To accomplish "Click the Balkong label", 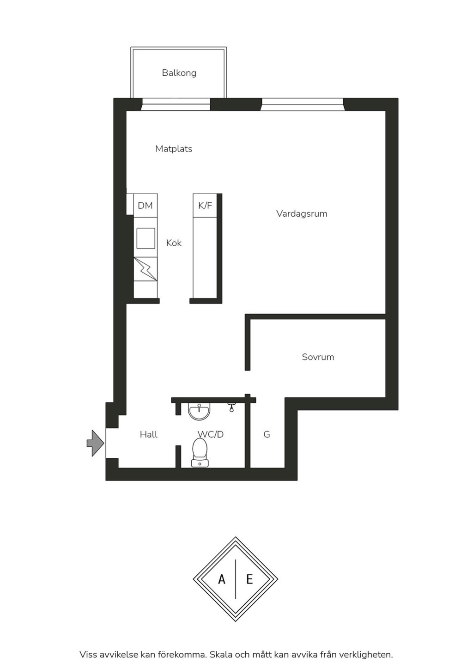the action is pyautogui.click(x=179, y=73).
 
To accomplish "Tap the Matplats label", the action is pyautogui.click(x=174, y=149).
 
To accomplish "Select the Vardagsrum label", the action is pyautogui.click(x=302, y=214).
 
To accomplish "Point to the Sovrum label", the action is pyautogui.click(x=318, y=357).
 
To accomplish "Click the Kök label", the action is pyautogui.click(x=174, y=243).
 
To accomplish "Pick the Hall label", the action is pyautogui.click(x=148, y=434).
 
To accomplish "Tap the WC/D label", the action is pyautogui.click(x=210, y=434).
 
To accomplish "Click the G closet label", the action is pyautogui.click(x=267, y=434).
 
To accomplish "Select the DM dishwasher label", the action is pyautogui.click(x=145, y=206).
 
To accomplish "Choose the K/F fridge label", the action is pyautogui.click(x=205, y=206).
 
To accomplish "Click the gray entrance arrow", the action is pyautogui.click(x=96, y=443).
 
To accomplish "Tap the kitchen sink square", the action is pyautogui.click(x=146, y=238).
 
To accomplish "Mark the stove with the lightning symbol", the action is pyautogui.click(x=145, y=269).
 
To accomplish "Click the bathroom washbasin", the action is pyautogui.click(x=200, y=411).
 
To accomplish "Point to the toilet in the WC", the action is pyautogui.click(x=200, y=452).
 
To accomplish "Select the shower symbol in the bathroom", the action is pyautogui.click(x=231, y=407).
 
